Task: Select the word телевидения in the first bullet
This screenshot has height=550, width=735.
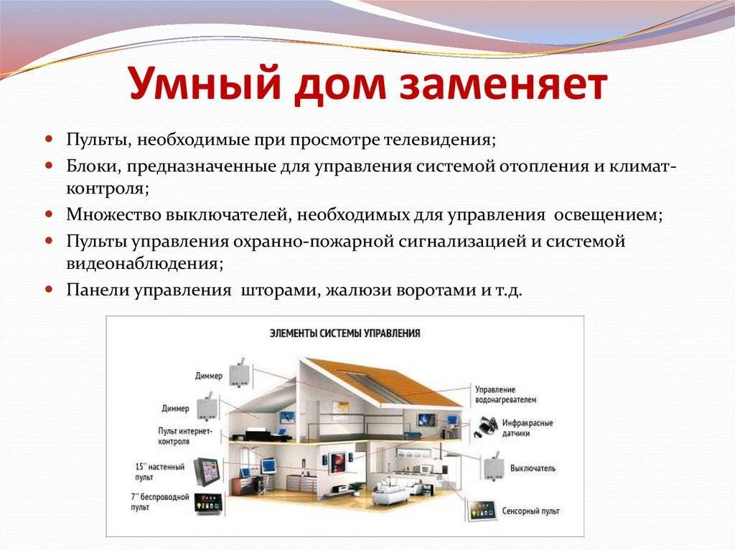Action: coord(439,140)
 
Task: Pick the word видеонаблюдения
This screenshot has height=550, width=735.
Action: coord(144,263)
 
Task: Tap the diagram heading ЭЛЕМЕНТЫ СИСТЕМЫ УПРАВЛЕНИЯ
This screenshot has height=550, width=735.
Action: coord(345,333)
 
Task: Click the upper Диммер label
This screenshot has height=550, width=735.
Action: coord(209,376)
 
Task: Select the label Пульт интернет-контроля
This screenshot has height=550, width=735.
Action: coord(184,436)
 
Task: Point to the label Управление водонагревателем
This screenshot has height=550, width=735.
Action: coord(505,394)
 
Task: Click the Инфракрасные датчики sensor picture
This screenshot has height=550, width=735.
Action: coord(486,427)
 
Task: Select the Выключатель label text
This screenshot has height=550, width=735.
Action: coord(533,468)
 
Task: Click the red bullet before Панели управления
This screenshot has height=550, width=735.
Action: coord(50,289)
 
